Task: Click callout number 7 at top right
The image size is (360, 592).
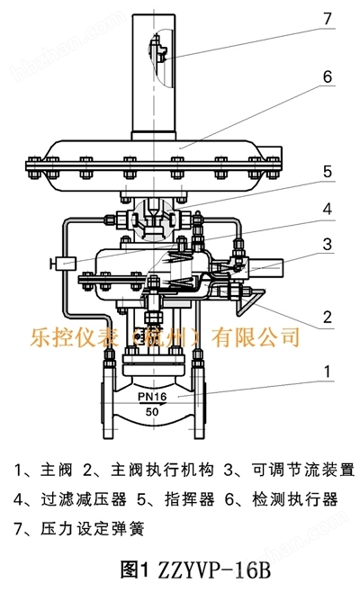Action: (x=327, y=19)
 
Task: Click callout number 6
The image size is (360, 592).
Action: (x=327, y=77)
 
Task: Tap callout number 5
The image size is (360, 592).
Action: (x=327, y=172)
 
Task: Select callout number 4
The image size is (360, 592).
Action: (x=327, y=209)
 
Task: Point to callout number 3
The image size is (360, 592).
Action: (x=327, y=245)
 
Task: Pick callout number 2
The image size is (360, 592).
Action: (x=327, y=317)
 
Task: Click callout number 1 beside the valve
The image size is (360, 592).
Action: (x=327, y=372)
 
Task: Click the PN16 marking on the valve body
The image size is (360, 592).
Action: (x=152, y=397)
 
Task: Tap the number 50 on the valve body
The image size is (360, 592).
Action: (x=152, y=412)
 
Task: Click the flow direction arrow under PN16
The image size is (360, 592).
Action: (x=152, y=404)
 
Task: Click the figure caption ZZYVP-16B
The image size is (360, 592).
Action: (x=195, y=570)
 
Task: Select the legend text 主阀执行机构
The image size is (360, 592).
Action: (x=162, y=470)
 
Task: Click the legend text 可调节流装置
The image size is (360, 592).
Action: (x=303, y=470)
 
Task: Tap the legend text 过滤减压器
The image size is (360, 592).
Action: (x=84, y=499)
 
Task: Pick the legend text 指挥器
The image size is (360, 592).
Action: (x=190, y=499)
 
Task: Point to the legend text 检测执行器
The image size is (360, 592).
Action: (x=295, y=499)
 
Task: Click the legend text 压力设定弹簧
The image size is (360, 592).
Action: (x=93, y=529)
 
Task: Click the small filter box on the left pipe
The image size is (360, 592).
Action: (x=65, y=263)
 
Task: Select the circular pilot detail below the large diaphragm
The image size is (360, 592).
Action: (x=153, y=220)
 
